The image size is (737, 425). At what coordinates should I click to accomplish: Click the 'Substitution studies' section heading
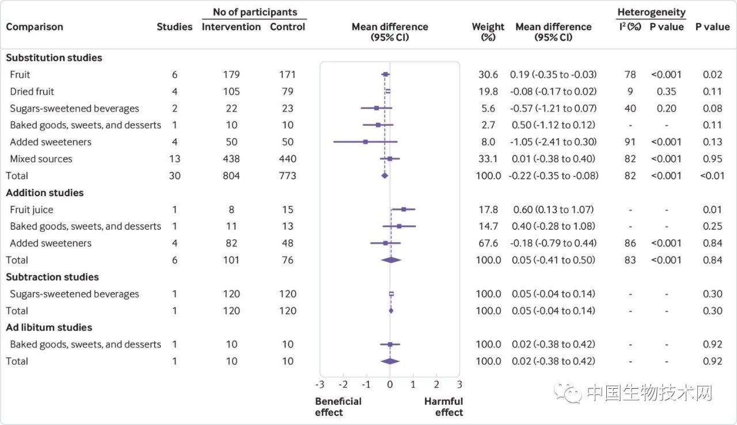[54, 58]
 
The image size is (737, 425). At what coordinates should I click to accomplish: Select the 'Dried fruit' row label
[32, 91]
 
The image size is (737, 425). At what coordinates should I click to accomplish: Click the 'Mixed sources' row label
[41, 159]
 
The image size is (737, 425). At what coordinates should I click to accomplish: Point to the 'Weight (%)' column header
[488, 32]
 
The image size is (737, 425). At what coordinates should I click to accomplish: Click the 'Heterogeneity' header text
[651, 12]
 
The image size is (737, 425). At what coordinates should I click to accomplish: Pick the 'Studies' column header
[174, 27]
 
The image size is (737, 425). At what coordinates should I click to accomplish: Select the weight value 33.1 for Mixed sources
[486, 159]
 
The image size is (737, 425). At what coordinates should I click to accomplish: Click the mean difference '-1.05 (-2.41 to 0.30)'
[553, 142]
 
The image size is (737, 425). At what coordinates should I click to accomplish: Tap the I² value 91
[630, 142]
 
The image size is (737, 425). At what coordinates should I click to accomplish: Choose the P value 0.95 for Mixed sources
[712, 159]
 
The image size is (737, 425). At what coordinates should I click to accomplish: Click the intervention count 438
[231, 159]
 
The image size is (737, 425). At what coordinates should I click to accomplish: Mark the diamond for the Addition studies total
[391, 260]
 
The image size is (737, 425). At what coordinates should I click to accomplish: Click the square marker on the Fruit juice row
[404, 209]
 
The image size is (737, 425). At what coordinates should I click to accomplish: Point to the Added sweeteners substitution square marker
[366, 142]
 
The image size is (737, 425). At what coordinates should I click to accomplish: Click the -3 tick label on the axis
[320, 384]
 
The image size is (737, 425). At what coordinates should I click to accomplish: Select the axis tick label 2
[436, 384]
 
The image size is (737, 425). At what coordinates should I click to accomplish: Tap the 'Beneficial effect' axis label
[338, 407]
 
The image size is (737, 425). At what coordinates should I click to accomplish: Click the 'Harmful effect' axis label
[443, 407]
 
